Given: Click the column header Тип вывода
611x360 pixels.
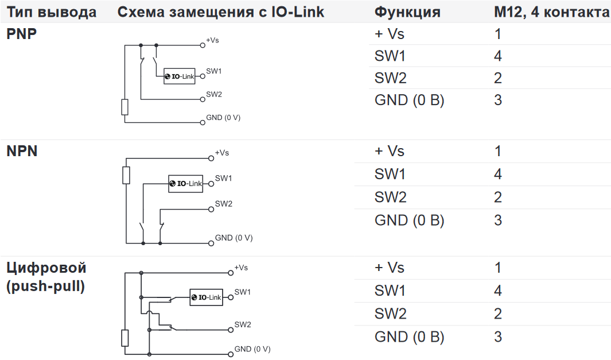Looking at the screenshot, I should click(x=51, y=12).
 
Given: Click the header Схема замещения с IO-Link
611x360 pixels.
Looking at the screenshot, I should click(x=221, y=12).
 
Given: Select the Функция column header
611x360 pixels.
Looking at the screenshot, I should click(x=407, y=12).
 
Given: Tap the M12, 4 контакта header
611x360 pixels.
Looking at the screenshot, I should click(x=551, y=12).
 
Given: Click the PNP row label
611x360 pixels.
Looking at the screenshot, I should click(x=22, y=33).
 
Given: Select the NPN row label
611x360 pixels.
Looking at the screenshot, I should click(x=22, y=151).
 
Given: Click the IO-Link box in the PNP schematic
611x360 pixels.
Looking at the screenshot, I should click(x=179, y=76).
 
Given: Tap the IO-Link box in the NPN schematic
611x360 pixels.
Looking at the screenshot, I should click(x=185, y=184).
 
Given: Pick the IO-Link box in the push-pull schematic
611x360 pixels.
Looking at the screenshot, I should click(x=206, y=297).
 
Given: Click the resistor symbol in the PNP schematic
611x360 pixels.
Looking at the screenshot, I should click(x=124, y=107).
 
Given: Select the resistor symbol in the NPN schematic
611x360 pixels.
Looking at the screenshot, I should click(x=126, y=175).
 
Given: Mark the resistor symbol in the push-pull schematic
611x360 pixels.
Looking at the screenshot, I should click(x=125, y=338).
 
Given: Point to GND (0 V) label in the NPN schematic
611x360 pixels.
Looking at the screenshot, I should click(x=233, y=238).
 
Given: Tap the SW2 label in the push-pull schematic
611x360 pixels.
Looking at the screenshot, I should click(x=243, y=324).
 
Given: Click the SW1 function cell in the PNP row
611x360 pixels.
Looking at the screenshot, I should click(x=390, y=56).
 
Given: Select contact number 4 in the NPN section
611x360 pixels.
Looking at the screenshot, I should click(x=498, y=174).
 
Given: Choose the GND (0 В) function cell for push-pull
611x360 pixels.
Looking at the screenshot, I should click(x=409, y=336).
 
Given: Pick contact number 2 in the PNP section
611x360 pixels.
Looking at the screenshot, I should click(x=498, y=78).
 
